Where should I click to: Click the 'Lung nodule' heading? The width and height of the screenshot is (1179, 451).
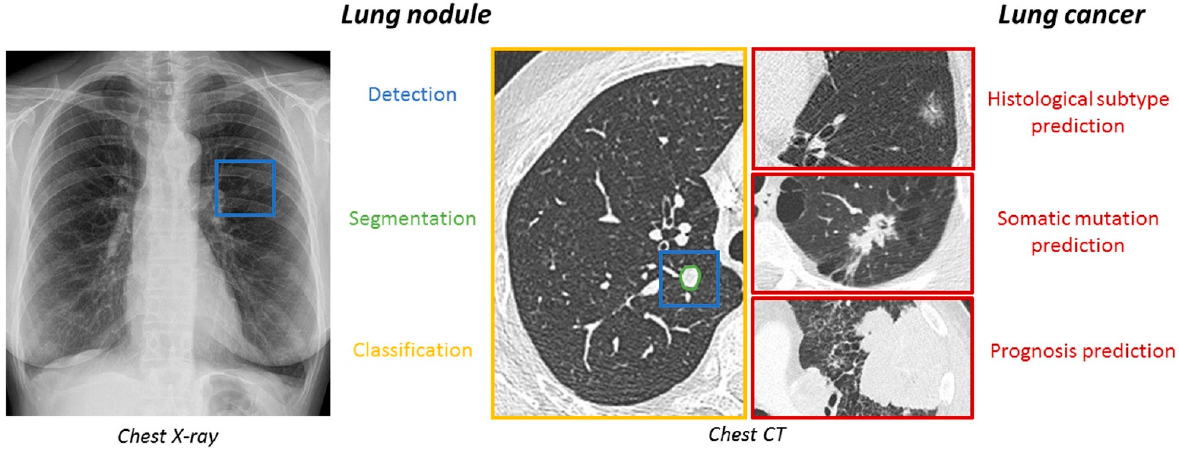pyautogui.click(x=415, y=15)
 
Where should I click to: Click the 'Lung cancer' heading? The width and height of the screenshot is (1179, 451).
pyautogui.click(x=1071, y=15)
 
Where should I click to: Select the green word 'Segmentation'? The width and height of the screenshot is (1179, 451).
pyautogui.click(x=412, y=219)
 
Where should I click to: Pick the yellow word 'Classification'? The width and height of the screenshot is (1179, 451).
pyautogui.click(x=412, y=350)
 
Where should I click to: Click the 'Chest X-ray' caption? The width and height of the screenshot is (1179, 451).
pyautogui.click(x=168, y=436)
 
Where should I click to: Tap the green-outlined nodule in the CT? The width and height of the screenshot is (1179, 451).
pyautogui.click(x=690, y=278)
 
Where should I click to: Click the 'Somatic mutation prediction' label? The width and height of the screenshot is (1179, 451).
pyautogui.click(x=1078, y=232)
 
